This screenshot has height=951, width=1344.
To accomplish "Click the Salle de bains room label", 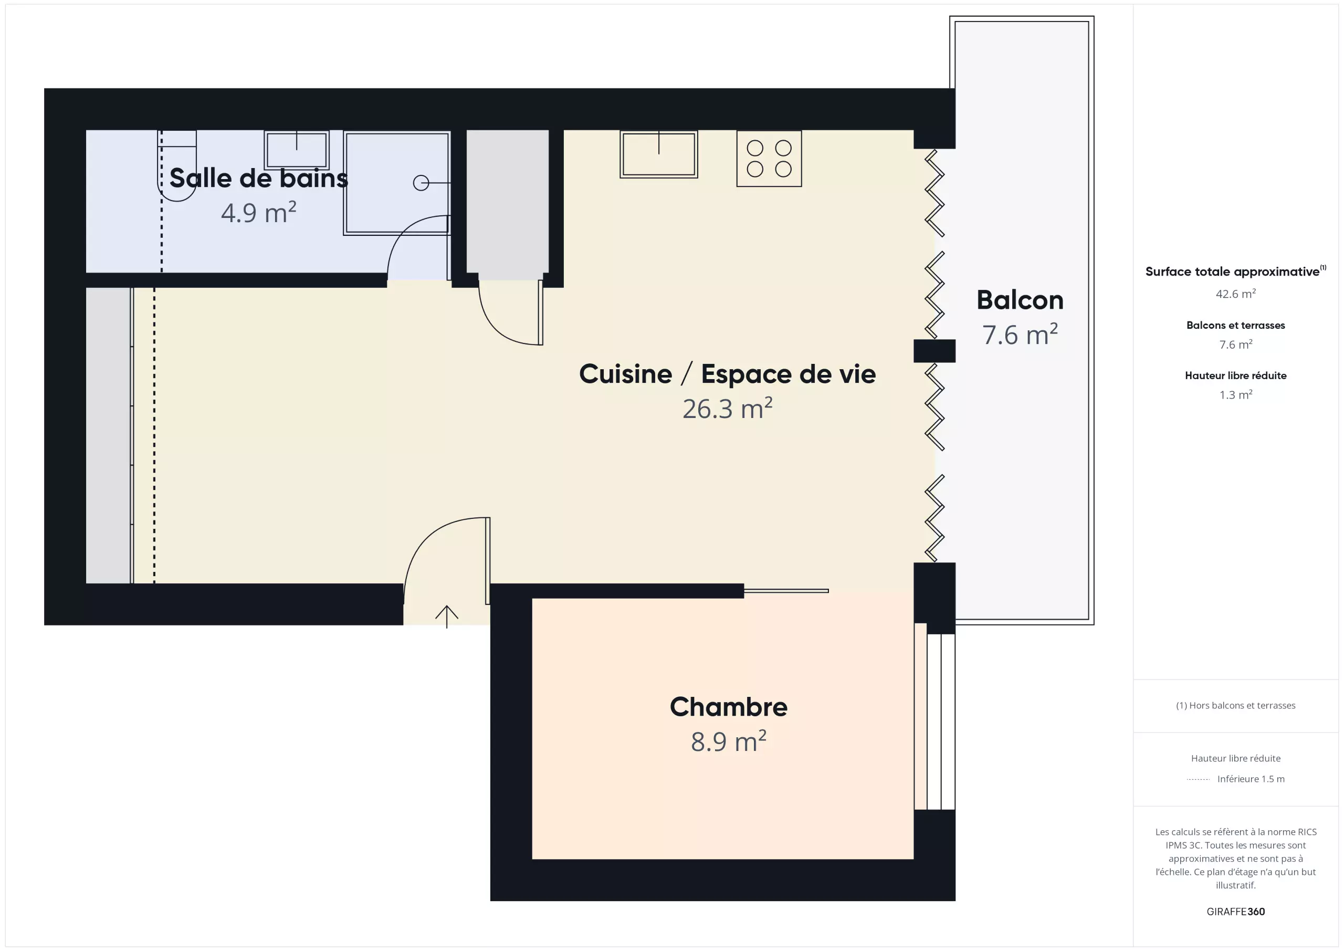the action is [x=259, y=178].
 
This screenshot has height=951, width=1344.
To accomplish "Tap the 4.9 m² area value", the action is [x=259, y=212].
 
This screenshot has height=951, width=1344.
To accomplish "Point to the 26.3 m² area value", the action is [x=727, y=408].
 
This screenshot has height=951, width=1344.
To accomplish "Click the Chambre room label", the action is [x=728, y=707].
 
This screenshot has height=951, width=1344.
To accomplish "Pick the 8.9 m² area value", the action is [x=728, y=741].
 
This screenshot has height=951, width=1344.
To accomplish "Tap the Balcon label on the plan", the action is [x=1020, y=300].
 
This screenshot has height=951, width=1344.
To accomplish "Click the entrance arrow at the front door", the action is [x=447, y=616].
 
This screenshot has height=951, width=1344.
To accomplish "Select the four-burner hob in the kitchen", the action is [x=769, y=159].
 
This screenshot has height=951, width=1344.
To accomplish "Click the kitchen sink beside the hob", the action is [x=658, y=154].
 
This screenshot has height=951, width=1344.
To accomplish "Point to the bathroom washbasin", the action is [x=297, y=150].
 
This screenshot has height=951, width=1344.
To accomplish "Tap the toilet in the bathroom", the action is [x=177, y=166].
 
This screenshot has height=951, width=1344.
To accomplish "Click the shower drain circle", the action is [x=421, y=183].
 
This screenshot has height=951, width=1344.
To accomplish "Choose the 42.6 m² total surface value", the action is [x=1235, y=294].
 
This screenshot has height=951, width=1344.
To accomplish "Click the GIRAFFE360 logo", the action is [x=1235, y=911].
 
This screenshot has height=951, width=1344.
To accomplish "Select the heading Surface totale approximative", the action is [x=1232, y=271].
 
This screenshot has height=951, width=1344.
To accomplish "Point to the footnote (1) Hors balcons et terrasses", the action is [x=1235, y=705].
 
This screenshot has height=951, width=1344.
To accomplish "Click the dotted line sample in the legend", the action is [x=1198, y=779].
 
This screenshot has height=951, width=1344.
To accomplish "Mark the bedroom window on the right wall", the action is [x=935, y=716].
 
